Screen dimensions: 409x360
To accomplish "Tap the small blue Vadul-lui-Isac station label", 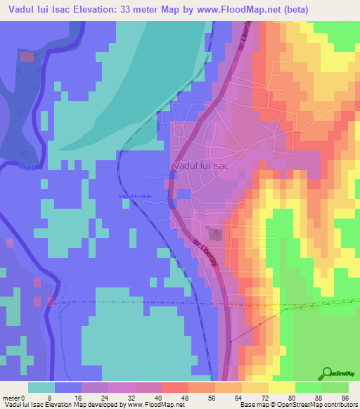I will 135,195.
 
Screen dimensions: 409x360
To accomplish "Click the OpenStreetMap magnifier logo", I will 328,373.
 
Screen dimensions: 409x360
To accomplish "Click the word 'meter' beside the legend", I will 11,398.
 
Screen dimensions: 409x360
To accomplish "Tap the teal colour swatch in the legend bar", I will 41,387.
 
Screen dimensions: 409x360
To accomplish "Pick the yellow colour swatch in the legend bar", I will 281,387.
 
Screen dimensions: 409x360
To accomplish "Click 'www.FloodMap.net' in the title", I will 240,9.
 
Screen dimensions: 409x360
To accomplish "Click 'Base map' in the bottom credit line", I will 255,405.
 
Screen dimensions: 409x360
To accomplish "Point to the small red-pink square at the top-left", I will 26,56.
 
